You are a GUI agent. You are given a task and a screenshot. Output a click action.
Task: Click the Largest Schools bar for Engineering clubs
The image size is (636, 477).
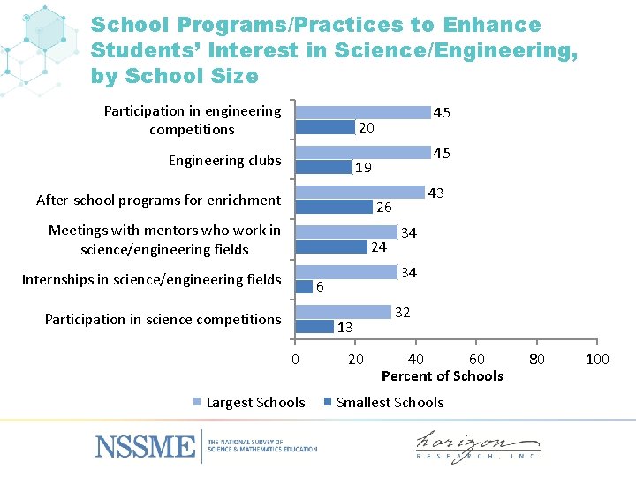[x=362, y=153]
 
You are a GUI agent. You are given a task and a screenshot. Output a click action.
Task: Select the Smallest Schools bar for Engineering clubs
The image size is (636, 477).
[x=323, y=167]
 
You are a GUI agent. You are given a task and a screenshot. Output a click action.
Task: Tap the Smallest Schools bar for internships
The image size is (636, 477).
[x=304, y=286]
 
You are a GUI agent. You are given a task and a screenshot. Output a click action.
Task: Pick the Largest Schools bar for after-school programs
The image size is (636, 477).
[x=360, y=193]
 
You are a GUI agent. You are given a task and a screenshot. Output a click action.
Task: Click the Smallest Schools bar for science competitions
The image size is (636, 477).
[x=314, y=326]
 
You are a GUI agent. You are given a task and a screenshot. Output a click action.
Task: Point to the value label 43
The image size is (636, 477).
[x=435, y=193]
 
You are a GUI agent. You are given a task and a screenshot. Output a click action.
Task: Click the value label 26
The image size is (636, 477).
[x=384, y=208]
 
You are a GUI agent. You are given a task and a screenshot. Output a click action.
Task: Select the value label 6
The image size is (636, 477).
[x=320, y=287]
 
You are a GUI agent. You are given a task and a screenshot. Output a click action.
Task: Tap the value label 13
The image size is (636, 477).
[x=344, y=327]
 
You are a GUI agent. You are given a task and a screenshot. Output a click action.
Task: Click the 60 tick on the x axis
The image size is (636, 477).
[x=475, y=359]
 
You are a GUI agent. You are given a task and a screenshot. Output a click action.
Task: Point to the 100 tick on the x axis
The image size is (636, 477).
[x=597, y=359]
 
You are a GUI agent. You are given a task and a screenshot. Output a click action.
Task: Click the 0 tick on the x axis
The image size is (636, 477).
[x=295, y=359]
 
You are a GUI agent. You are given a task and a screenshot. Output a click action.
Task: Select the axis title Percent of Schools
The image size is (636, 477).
[x=442, y=376]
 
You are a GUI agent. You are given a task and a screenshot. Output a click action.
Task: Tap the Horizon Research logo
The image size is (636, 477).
[x=477, y=446]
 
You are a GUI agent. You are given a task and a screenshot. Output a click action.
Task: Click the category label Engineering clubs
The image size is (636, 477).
[x=224, y=161]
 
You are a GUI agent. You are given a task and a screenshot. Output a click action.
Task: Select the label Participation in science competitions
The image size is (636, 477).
[x=163, y=320]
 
